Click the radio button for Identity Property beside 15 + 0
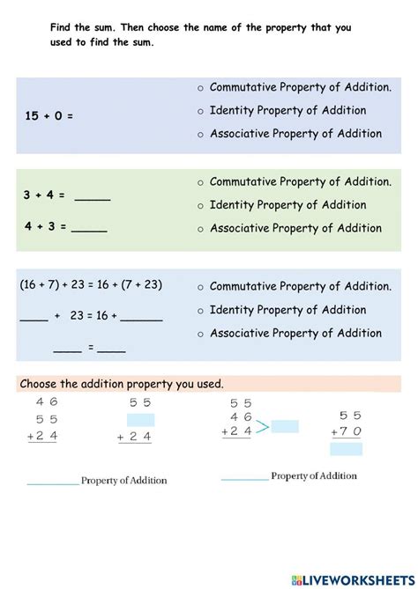click(201, 112)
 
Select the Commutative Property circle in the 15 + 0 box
click(201, 88)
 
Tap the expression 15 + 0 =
click(49, 115)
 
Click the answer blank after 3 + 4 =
click(93, 198)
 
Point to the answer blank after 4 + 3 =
click(89, 228)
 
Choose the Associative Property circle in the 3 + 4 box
click(201, 230)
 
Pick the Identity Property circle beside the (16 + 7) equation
click(201, 311)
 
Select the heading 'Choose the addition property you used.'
click(122, 384)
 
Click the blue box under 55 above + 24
click(140, 420)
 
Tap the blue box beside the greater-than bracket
click(285, 426)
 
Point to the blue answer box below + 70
click(346, 449)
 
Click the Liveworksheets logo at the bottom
click(350, 578)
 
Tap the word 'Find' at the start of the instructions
click(62, 28)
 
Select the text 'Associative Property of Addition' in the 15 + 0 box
click(295, 134)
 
